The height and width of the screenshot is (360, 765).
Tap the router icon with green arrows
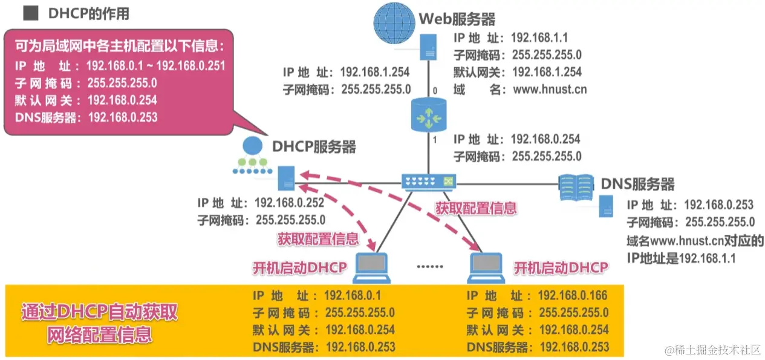(429, 116)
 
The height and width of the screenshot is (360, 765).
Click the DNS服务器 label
(637, 184)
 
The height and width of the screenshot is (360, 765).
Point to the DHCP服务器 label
(314, 146)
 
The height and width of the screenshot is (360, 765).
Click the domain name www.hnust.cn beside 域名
(549, 90)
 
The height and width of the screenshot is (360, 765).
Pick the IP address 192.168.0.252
(290, 203)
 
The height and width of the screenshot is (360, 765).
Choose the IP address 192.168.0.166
(571, 295)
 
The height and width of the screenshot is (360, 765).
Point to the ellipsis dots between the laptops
(430, 266)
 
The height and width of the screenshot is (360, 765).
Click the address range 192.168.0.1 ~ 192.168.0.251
(156, 65)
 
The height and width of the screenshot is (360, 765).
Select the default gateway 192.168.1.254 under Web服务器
(547, 72)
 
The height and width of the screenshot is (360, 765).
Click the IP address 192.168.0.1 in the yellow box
(353, 295)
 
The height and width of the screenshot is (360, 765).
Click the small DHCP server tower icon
(285, 178)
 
